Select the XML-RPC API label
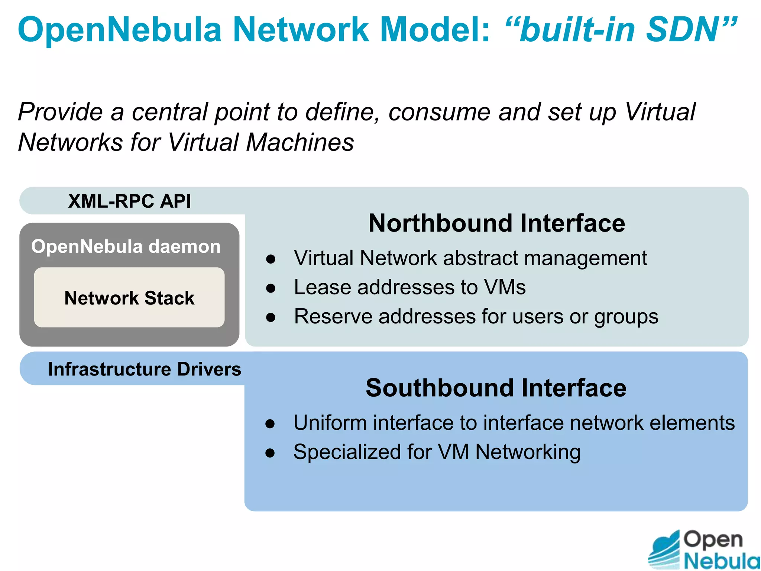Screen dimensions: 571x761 point(129,201)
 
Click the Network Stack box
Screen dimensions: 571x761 point(129,297)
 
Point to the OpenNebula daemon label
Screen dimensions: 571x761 point(126,246)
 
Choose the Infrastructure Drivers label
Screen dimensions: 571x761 point(145,369)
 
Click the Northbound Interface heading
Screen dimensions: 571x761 point(496,223)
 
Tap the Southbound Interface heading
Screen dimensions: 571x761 point(496,388)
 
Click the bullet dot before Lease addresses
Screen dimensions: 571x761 point(271,288)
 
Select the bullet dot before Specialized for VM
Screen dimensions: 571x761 point(270,453)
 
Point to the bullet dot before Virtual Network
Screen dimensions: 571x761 point(271,259)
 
